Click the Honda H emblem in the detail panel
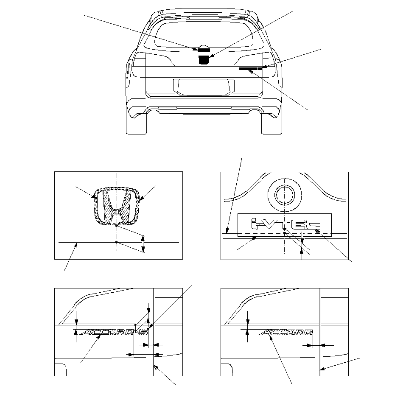117,206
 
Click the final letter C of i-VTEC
314,224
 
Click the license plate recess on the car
204,87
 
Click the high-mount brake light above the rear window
204,18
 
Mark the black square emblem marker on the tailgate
204,60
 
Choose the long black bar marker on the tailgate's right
250,69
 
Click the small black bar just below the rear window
204,50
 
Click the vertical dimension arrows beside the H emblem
143,244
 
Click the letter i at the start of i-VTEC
254,223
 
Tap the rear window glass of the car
204,35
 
